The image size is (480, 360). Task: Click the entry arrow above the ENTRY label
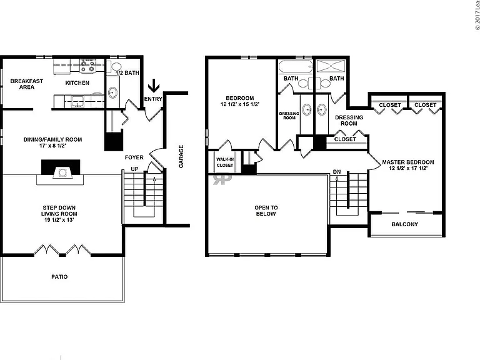(x=154, y=86)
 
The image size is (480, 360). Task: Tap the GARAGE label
(x=181, y=156)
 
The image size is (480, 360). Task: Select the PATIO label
(x=59, y=277)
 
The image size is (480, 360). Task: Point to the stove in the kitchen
(x=87, y=66)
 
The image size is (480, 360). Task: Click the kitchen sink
(x=77, y=101)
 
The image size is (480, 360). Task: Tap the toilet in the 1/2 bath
(x=115, y=66)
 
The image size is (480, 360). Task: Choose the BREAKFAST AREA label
(x=27, y=84)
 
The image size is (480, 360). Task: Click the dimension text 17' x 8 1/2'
(x=53, y=146)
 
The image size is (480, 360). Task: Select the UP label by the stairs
(x=134, y=169)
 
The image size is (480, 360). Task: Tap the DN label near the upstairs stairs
(x=337, y=172)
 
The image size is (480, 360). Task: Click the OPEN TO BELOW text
(x=266, y=211)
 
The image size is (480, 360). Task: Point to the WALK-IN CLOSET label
(x=225, y=162)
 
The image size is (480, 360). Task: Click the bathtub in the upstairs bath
(x=296, y=66)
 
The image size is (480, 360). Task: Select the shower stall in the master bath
(x=331, y=66)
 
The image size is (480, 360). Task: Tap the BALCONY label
(x=405, y=224)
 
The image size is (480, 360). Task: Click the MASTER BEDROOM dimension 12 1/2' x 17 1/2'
(x=408, y=168)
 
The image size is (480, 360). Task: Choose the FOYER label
(x=134, y=157)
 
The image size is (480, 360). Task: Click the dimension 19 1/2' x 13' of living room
(x=59, y=220)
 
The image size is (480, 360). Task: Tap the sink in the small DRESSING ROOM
(x=307, y=109)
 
